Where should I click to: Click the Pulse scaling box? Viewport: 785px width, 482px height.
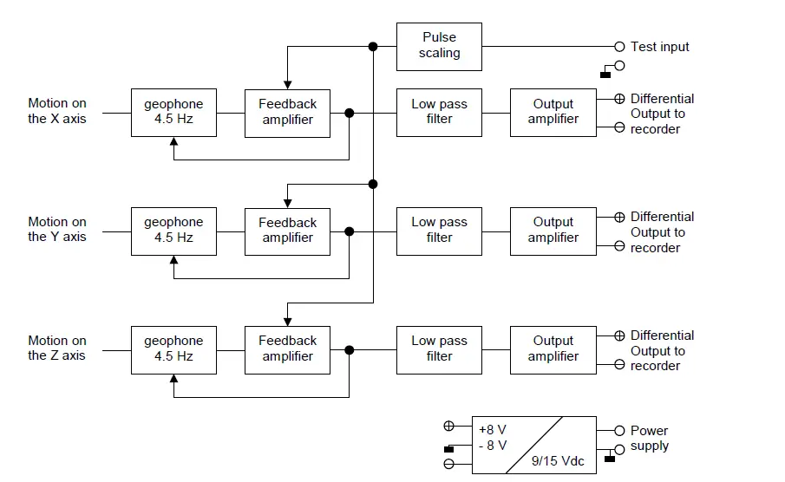click(439, 46)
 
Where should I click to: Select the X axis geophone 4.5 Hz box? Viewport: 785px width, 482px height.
click(173, 112)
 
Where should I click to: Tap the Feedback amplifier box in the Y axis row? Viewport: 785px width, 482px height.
click(287, 231)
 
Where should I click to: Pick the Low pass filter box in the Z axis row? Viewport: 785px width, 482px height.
click(439, 348)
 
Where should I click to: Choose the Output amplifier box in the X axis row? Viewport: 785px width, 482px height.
click(553, 112)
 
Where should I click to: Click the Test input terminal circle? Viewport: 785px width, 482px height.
click(619, 46)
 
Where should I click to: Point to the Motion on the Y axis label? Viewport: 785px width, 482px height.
click(57, 230)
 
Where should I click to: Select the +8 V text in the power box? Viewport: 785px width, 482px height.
click(492, 428)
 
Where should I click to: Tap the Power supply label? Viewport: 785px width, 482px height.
click(649, 438)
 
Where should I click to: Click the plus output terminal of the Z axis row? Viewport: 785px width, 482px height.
click(619, 335)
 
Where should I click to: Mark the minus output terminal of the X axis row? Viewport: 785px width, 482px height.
click(619, 127)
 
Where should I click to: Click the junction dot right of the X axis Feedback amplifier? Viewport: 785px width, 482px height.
click(350, 113)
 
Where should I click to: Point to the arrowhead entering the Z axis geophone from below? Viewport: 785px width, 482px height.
click(174, 380)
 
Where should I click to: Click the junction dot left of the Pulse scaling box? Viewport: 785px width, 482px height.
click(373, 46)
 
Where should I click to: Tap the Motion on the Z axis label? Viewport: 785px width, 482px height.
click(57, 348)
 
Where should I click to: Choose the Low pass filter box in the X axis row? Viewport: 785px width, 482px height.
click(439, 112)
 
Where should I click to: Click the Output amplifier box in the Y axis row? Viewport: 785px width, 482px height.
click(553, 231)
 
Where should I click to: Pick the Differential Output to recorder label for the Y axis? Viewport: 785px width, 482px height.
click(661, 232)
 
